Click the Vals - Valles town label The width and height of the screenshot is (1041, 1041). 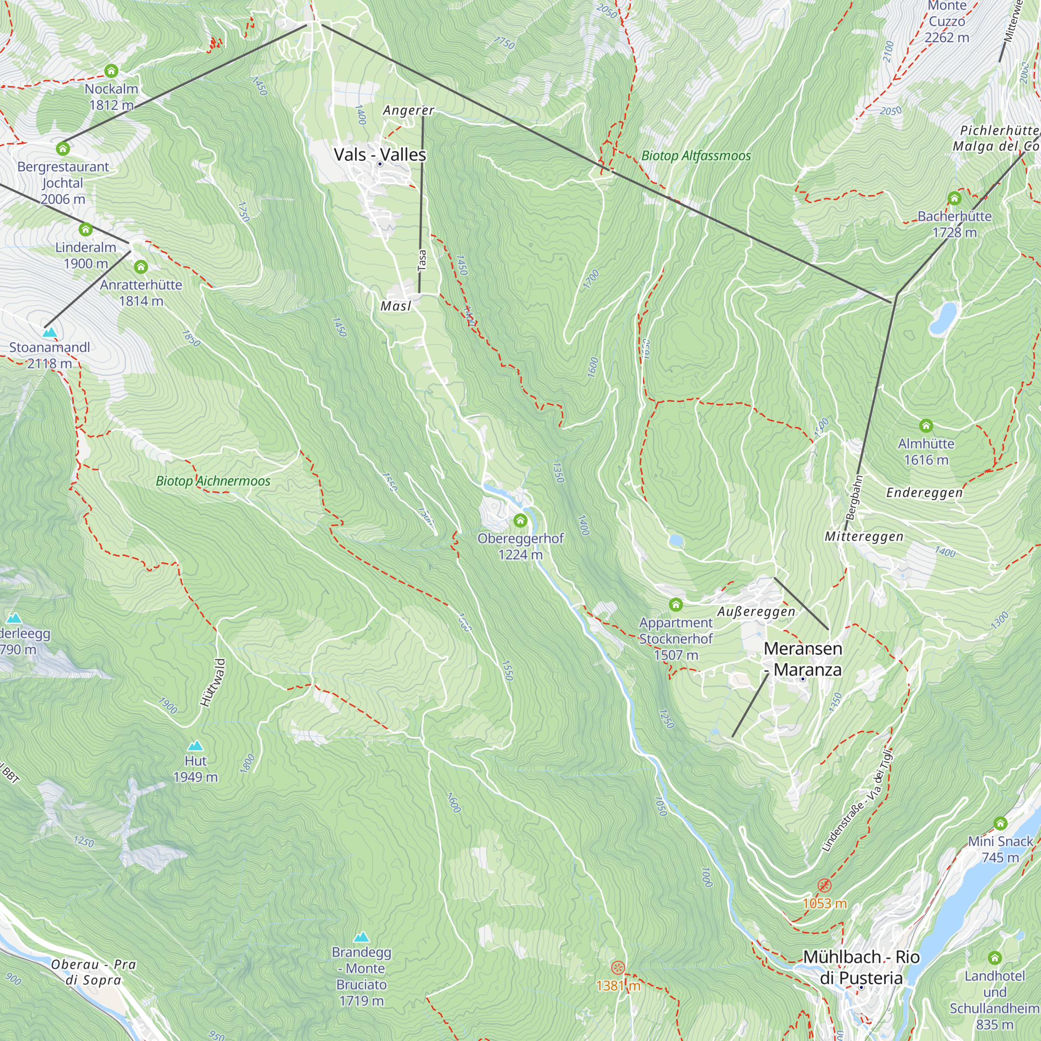coord(380,155)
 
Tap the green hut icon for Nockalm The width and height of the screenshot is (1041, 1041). coord(111,71)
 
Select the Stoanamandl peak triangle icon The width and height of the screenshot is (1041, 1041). coord(49,333)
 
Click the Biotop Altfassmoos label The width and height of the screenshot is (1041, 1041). coord(695,156)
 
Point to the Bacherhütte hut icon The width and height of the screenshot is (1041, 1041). coord(954,198)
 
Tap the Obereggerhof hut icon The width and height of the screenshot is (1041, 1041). coord(520,520)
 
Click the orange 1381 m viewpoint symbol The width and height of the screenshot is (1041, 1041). coord(617,967)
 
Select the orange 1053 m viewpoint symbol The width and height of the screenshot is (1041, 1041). coord(824,885)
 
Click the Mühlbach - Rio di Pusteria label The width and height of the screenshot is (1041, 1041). coord(861,967)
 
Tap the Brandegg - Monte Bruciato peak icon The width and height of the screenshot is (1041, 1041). coord(362,937)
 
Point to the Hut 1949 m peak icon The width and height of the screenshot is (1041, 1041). coord(195,746)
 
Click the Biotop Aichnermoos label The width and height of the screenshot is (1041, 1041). coord(213,481)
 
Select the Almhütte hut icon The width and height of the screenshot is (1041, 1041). coord(925,426)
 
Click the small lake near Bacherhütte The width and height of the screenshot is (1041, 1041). coord(943,318)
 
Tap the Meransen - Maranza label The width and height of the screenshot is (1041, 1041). coord(803,659)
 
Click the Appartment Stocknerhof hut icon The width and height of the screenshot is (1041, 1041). coord(676,604)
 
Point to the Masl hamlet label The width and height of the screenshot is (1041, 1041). coord(396,306)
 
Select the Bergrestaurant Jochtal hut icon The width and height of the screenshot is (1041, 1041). coord(63,148)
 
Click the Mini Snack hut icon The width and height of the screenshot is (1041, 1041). coord(1000,823)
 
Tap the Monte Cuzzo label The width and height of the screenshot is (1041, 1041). coord(947,21)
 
